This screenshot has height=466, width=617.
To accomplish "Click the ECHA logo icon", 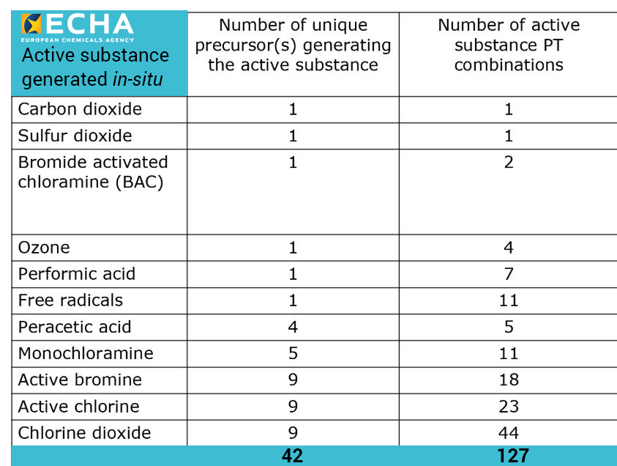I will (31, 24).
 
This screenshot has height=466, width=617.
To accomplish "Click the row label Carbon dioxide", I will (80, 110).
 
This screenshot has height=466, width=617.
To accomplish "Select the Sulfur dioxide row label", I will (75, 136).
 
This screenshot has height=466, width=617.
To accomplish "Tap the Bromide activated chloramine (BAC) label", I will (92, 172).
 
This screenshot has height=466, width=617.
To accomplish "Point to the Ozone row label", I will (44, 248).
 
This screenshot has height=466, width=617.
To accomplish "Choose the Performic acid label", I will (76, 274).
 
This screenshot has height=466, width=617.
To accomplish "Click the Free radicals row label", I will (70, 300).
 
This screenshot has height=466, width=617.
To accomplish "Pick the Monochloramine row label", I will (86, 353).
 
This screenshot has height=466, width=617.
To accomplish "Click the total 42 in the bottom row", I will (293, 456).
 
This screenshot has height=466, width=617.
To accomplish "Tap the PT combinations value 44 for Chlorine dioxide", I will (509, 432).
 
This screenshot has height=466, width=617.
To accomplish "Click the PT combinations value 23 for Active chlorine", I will (509, 406).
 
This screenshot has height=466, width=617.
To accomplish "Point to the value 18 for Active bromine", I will (509, 380).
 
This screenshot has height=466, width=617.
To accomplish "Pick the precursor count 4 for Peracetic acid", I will (293, 327).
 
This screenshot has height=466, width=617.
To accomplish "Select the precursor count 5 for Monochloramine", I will (293, 353).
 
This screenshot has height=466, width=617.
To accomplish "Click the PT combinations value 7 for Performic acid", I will (509, 274).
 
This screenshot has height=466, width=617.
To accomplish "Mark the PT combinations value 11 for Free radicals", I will (509, 300).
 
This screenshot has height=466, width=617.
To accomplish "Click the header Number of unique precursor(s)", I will (293, 45).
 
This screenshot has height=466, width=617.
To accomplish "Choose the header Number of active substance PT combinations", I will (509, 45).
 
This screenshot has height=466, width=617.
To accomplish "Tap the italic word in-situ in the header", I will (138, 79).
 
